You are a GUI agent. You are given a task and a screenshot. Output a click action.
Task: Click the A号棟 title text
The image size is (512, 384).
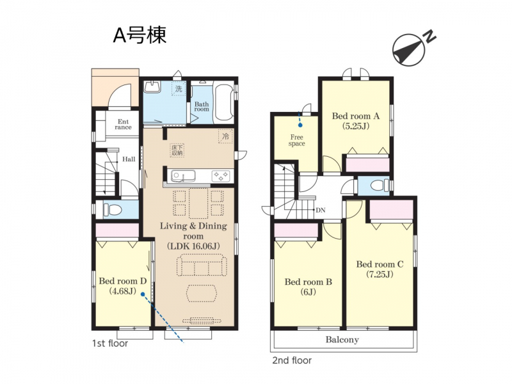[x=140, y=35]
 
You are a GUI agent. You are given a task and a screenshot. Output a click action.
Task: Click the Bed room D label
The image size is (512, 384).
[x=122, y=281]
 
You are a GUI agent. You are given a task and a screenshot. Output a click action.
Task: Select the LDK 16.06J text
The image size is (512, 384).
[x=193, y=246]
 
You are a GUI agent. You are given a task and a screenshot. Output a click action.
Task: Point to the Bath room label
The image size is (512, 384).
[x=202, y=106]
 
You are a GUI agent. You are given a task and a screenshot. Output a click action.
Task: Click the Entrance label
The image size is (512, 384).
[x=123, y=124]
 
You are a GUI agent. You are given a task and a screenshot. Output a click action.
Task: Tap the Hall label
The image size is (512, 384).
[x=129, y=159]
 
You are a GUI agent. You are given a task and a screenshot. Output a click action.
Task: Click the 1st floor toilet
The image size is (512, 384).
[x=112, y=210]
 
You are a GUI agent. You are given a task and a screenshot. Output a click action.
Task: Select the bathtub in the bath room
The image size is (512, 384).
[x=223, y=101]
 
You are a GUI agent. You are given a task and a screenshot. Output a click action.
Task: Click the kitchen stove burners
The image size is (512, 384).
[x=221, y=176]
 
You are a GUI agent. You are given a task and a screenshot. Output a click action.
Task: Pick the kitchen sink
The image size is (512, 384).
[x=184, y=176]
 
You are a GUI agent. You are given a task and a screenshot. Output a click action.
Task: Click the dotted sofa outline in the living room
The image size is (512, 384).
[x=202, y=266]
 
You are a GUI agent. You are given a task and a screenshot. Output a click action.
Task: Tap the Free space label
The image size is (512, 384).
[x=296, y=140]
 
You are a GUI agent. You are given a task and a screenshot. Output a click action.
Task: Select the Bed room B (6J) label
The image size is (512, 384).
[x=308, y=286]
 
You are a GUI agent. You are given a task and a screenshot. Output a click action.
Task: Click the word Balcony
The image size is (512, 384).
[x=342, y=340]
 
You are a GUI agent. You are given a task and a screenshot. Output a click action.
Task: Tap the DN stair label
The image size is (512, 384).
[x=321, y=211]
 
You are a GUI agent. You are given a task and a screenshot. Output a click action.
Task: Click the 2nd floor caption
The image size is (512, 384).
[x=292, y=360]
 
